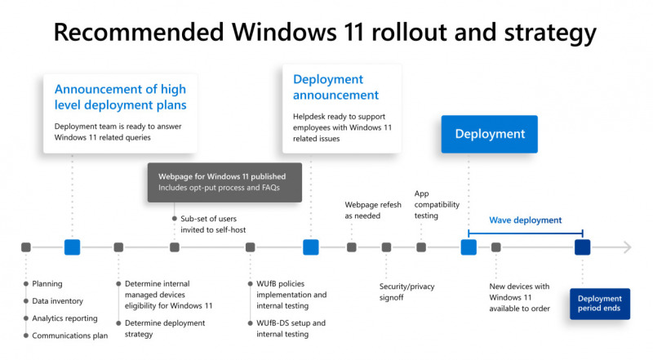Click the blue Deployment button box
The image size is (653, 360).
pos(489,134)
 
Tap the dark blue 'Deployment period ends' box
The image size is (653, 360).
pos(600,304)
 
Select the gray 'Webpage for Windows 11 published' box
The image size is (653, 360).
pos(224,183)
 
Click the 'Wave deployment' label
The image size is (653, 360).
pos(525,220)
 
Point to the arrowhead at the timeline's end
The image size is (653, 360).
pos(628,247)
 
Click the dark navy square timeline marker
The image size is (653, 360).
pos(582,247)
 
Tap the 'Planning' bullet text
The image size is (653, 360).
pos(47,284)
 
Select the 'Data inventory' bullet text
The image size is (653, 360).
pos(57,301)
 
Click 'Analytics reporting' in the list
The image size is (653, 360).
pos(64,318)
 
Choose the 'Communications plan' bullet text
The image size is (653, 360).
pos(69,336)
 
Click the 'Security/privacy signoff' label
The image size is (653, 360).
pos(406,291)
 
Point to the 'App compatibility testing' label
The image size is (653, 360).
pos(437,205)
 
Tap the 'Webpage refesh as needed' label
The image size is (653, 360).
pos(373,210)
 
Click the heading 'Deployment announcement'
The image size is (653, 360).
pos(335,87)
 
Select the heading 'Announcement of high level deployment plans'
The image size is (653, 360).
pos(120,97)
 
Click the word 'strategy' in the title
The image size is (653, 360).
pos(550,33)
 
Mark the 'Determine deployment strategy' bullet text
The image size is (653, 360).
pos(165,328)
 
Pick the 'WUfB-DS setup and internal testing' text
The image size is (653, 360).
pos(291,328)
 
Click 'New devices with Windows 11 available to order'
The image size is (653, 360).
pos(519,297)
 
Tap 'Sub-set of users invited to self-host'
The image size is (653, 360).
pos(213,224)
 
